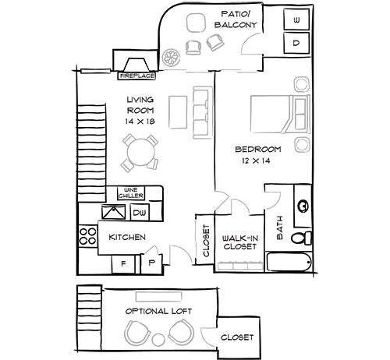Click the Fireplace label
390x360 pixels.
tap(136, 77)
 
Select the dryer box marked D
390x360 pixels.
tap(297, 44)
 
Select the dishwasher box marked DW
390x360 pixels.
tap(140, 212)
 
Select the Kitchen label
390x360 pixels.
tap(127, 237)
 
